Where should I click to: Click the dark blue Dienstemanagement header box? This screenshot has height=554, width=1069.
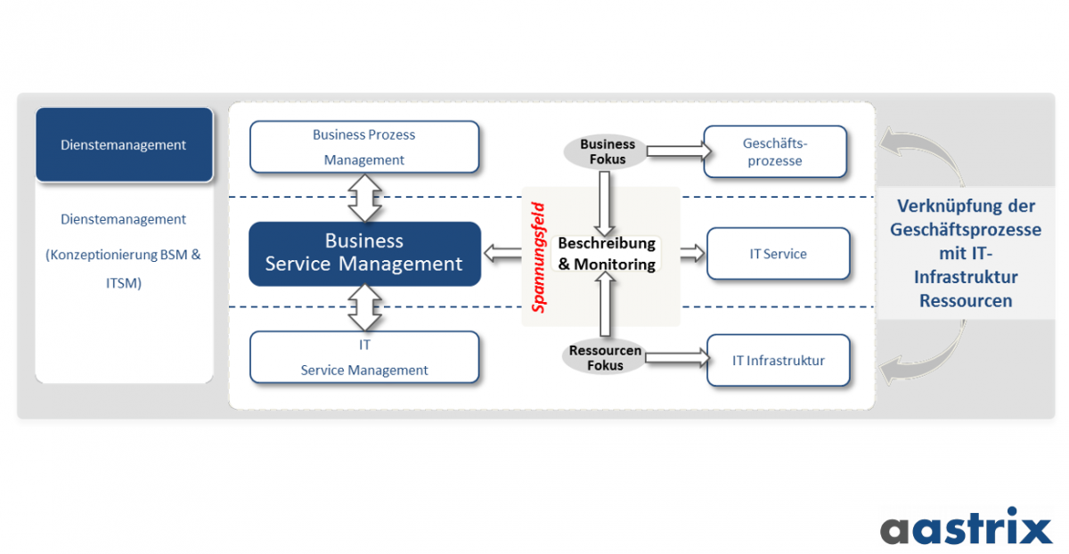click(x=124, y=144)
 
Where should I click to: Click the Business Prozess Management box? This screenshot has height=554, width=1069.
click(x=363, y=147)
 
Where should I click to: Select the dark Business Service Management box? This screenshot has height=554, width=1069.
click(x=363, y=253)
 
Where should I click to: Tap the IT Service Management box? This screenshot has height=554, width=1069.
click(x=363, y=357)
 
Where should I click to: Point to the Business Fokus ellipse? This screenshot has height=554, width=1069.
click(x=607, y=151)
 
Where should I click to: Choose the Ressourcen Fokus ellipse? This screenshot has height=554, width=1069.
click(x=605, y=358)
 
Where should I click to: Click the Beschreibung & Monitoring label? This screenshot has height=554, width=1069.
click(x=607, y=254)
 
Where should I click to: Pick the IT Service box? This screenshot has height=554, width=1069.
click(x=778, y=254)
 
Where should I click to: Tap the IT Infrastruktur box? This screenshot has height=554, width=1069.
click(x=778, y=361)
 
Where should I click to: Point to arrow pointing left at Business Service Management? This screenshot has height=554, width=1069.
click(x=502, y=256)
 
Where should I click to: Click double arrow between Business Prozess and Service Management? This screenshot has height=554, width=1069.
click(x=363, y=198)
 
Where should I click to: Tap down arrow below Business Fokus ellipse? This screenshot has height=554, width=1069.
click(x=605, y=200)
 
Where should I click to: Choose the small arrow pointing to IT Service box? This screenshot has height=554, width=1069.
click(x=692, y=255)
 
